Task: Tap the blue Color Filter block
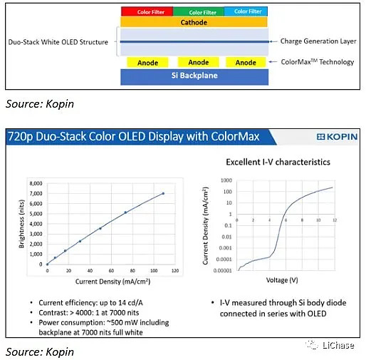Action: pyautogui.click(x=246, y=11)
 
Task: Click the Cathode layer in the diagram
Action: pyautogui.click(x=194, y=23)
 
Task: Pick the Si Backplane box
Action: pyautogui.click(x=194, y=76)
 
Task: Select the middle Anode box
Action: pyautogui.click(x=199, y=62)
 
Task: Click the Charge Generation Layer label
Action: pyautogui.click(x=317, y=42)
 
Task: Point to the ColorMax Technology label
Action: pyautogui.click(x=317, y=62)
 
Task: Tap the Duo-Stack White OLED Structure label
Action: pyautogui.click(x=56, y=42)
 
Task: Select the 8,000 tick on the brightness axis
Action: pyautogui.click(x=33, y=183)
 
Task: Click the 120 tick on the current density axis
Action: pyautogui.click(x=173, y=272)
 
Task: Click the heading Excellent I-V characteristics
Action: pyautogui.click(x=278, y=162)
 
